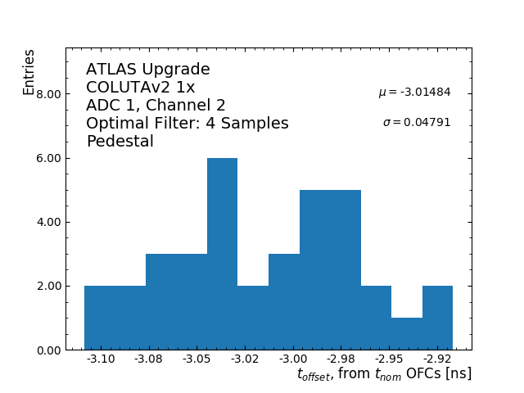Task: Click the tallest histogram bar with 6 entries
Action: coord(222,254)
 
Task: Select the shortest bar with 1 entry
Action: coord(407,333)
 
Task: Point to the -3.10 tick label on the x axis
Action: coord(102,359)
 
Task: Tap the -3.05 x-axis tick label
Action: coord(197,359)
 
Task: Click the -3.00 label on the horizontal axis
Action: coord(293,359)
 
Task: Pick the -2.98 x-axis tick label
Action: coord(341,359)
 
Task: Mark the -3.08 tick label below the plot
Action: coord(150,359)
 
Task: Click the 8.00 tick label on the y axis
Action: coord(49,94)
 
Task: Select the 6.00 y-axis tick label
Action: coord(49,158)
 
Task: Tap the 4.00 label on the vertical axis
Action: coord(49,222)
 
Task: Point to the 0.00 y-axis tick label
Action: coord(49,350)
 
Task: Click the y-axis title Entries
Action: coord(29,72)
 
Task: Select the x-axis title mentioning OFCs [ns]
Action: coord(384,374)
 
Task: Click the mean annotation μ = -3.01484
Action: coord(414,93)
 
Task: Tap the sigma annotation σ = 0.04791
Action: coord(417,123)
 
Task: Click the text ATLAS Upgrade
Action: coord(148,70)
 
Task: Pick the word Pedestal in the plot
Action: coord(120,142)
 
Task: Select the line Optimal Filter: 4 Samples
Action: coord(187,124)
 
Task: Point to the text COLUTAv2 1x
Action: coord(141,88)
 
